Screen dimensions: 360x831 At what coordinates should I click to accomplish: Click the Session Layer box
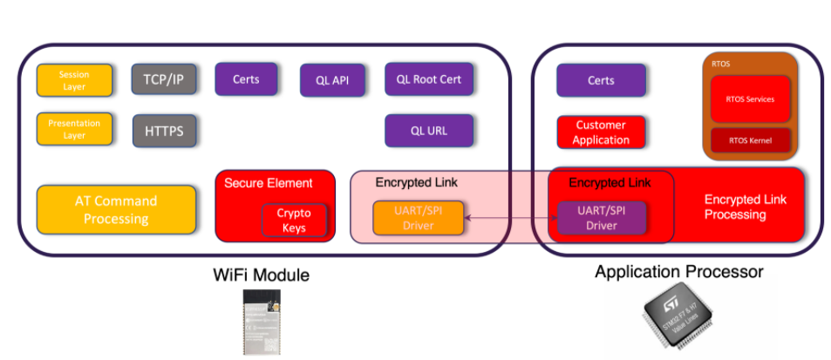coord(74,80)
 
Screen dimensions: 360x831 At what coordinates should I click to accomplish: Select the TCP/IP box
coord(164,78)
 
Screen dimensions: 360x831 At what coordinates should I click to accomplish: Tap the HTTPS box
coord(164,131)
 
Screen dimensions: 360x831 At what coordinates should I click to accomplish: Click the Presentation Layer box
coord(74,129)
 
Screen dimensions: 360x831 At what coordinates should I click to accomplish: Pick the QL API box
coord(332,80)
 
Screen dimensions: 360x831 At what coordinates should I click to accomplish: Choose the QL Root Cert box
coord(429,78)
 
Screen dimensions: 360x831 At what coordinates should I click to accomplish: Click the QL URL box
coord(429,131)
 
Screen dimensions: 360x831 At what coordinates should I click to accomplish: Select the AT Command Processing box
coord(116,209)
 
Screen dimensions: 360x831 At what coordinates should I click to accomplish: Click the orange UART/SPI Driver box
coord(418,218)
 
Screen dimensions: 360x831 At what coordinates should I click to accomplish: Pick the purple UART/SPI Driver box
coord(602,218)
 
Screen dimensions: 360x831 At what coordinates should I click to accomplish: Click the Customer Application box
coord(601,132)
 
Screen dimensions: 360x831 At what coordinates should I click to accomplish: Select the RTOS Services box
coord(750,99)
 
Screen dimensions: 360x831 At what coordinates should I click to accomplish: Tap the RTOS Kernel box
coord(750,140)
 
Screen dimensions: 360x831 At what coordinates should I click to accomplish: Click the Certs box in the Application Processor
coord(601,80)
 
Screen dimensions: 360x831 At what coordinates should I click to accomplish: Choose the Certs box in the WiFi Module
coord(246,78)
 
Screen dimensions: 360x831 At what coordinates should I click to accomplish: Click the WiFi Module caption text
coord(262,275)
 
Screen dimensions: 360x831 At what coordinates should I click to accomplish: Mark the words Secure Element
coord(268,183)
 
